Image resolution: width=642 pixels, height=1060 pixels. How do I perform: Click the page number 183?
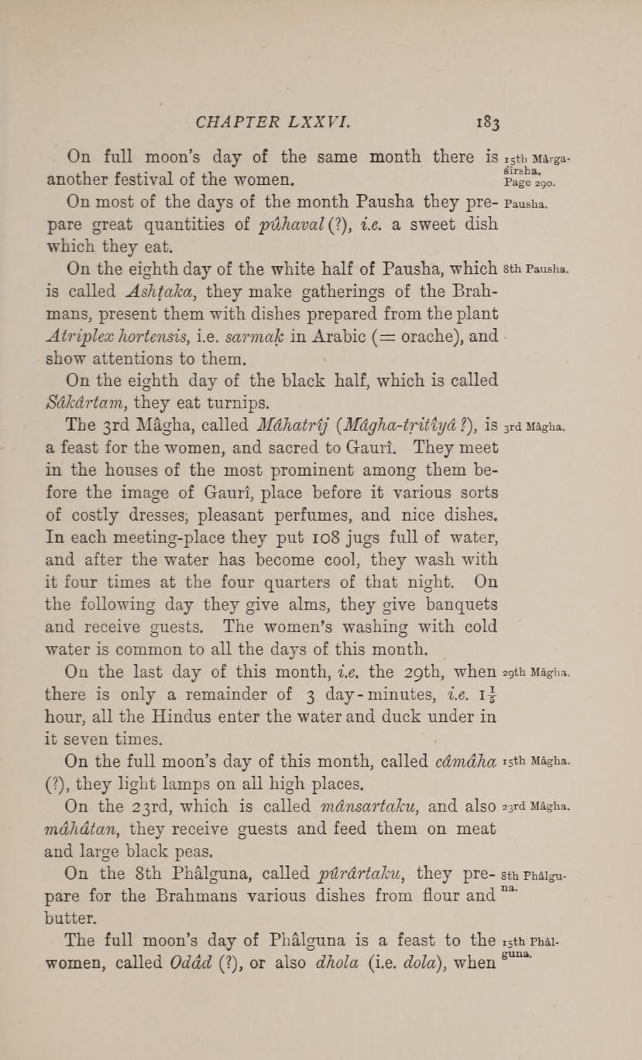pyautogui.click(x=489, y=121)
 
